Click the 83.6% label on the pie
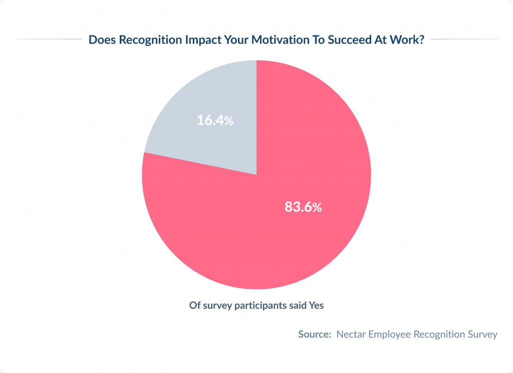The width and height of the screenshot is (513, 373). click(x=303, y=207)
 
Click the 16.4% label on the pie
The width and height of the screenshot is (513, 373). click(x=215, y=120)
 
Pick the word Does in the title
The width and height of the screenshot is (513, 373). click(x=100, y=40)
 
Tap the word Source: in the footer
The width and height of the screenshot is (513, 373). click(x=315, y=334)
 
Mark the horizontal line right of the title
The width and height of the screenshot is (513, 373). click(x=464, y=39)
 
